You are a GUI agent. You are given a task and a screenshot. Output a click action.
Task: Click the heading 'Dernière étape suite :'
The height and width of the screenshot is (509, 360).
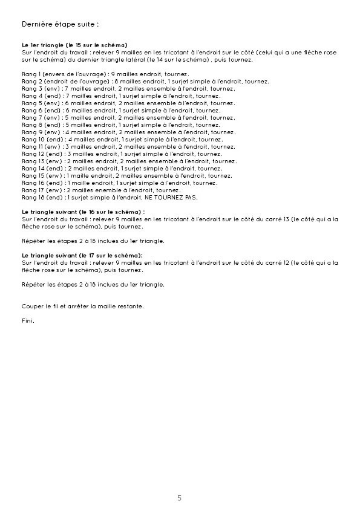[x=59, y=24]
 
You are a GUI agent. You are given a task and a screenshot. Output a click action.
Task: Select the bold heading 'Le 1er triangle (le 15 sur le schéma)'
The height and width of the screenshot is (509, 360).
[x=74, y=45]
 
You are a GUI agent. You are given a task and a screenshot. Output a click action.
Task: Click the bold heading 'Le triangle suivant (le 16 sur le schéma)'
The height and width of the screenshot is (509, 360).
[x=83, y=212]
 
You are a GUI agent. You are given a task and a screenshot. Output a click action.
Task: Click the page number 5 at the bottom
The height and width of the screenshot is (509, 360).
[x=179, y=498]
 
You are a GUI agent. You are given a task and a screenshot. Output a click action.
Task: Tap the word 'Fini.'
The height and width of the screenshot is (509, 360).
[x=28, y=320]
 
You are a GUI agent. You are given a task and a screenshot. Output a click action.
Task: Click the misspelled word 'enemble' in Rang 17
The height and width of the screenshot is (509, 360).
[x=100, y=190]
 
